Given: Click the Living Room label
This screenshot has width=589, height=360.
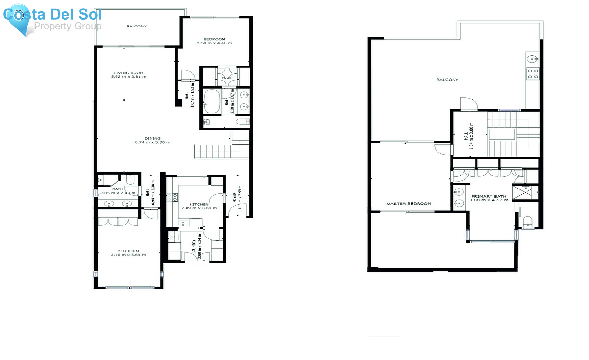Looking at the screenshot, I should [129, 73].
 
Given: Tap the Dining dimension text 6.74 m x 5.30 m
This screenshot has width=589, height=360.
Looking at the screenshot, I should [152, 142].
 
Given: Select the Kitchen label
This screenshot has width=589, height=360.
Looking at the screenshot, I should [199, 204].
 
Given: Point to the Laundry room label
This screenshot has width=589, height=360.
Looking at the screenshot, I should [194, 246].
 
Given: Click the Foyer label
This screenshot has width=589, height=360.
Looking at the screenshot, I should [234, 197].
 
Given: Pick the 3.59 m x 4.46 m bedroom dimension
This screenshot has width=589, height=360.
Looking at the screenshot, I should [214, 43].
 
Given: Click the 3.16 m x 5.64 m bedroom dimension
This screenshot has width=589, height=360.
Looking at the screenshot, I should [128, 255].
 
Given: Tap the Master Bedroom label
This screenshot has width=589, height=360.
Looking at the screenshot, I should [409, 204].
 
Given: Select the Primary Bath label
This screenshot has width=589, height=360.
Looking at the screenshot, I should [489, 196].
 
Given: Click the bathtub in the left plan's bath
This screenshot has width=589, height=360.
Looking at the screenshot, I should [211, 101].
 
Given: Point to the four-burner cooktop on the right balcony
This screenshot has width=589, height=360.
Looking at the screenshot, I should [532, 74].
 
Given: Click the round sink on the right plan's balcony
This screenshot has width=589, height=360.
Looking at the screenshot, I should [532, 59].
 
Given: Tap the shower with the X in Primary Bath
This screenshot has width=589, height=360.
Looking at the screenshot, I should [522, 192].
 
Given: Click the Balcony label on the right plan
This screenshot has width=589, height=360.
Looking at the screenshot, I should [447, 80].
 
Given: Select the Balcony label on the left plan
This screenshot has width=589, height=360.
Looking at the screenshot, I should [136, 26].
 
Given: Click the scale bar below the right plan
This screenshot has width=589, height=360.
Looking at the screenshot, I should [384, 336].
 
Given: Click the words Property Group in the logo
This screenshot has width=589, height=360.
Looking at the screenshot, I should [68, 26].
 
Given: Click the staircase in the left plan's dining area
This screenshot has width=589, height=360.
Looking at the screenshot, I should [213, 152].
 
